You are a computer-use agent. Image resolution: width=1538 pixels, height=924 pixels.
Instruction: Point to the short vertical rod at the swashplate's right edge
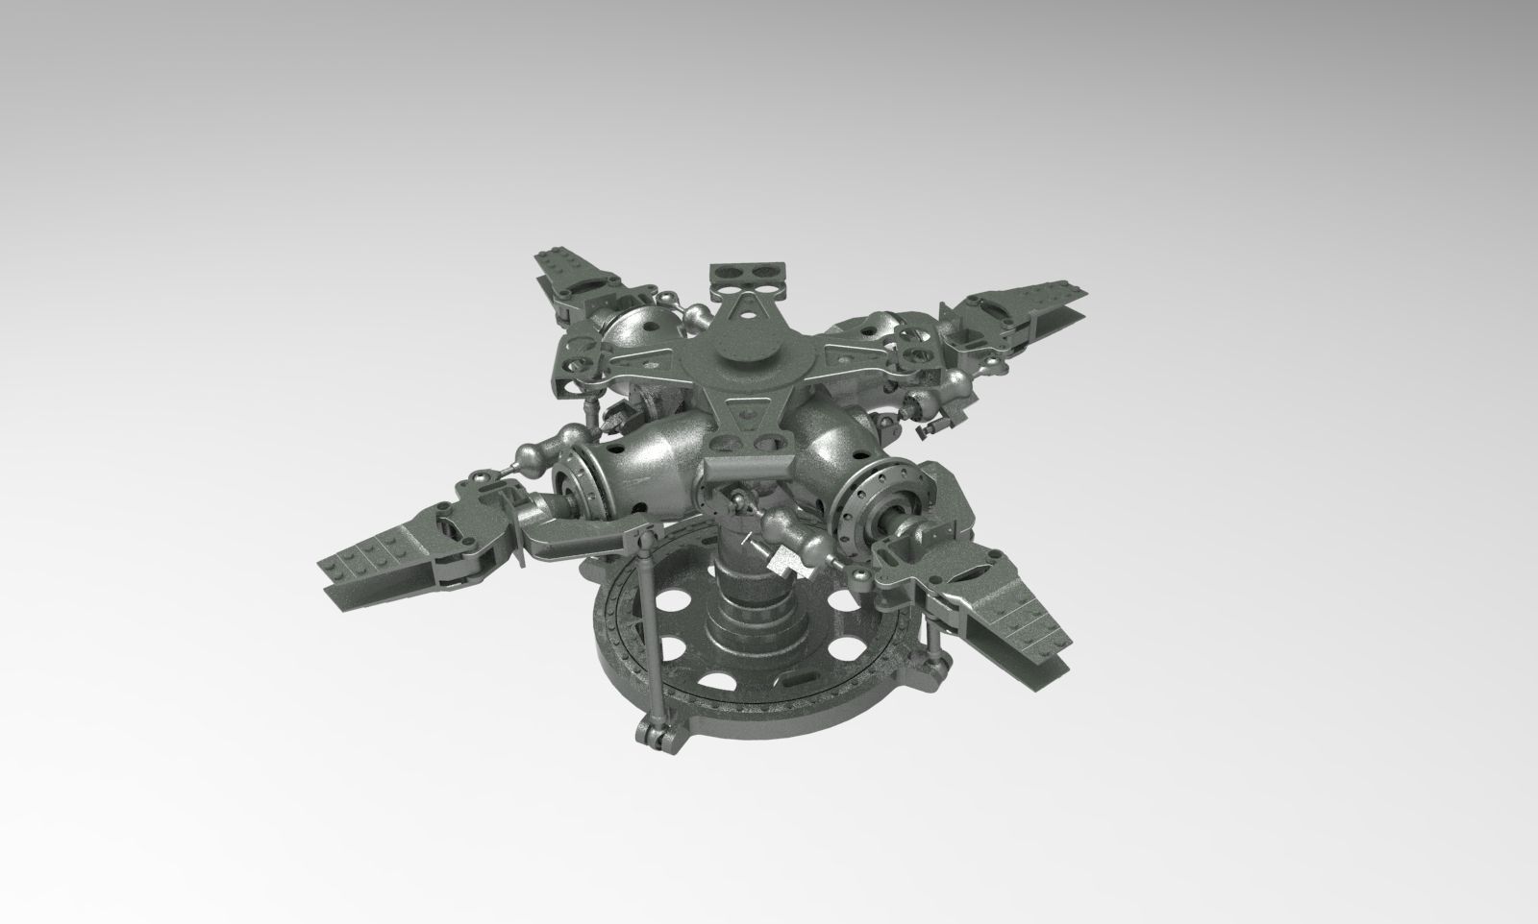[931, 638]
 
